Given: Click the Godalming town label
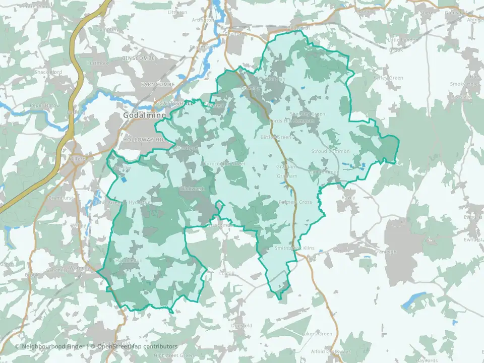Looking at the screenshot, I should (x=138, y=115).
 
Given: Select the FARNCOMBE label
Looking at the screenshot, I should (x=157, y=84).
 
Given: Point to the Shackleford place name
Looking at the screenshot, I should (x=48, y=72).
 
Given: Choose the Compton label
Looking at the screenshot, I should (x=106, y=30).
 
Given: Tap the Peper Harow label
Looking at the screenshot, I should (x=45, y=105).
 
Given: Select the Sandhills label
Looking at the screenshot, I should (x=55, y=270).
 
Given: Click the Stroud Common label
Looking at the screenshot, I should (x=330, y=151).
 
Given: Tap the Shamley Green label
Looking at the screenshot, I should (x=308, y=114).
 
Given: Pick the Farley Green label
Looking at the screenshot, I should (x=388, y=78).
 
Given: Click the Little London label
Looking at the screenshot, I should (x=402, y=40).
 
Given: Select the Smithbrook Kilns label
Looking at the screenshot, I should (x=293, y=248).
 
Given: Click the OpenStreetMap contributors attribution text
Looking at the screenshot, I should (x=137, y=346).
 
